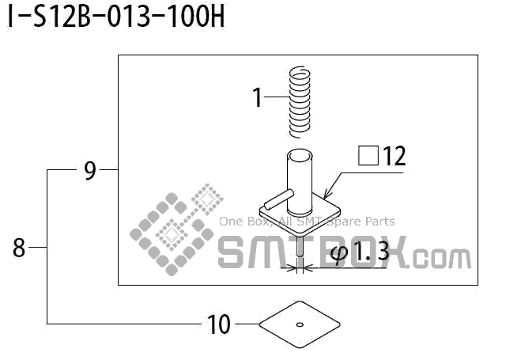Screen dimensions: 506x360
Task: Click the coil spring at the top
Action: click(300, 102)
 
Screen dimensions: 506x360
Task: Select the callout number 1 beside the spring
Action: click(257, 97)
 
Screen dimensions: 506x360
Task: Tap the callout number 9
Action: click(90, 171)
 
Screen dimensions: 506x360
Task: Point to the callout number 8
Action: click(19, 248)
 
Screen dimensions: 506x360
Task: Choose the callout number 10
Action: click(219, 324)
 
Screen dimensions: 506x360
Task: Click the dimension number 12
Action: click(394, 156)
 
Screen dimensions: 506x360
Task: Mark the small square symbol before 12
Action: click(368, 156)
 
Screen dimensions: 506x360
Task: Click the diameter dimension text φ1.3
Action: click(361, 252)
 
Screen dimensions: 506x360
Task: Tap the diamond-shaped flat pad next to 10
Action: click(300, 324)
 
